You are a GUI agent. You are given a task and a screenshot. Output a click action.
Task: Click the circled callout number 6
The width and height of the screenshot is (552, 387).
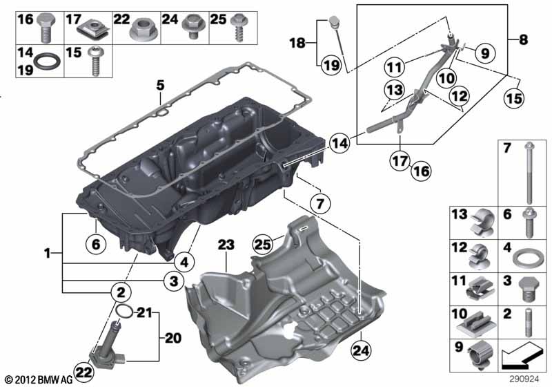pos(96,243)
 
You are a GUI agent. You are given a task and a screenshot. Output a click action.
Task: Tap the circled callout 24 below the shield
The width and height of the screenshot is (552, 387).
pos(361,350)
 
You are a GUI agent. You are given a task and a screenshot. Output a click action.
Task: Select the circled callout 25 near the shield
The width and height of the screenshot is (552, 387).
pos(264,244)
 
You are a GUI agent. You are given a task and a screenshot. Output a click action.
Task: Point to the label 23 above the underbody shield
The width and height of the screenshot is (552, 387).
pos(226,245)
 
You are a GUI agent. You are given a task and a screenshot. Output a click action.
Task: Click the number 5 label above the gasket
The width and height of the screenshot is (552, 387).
pos(160,85)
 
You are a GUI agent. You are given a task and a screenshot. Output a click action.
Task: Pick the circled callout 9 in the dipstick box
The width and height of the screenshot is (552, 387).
pos(485,53)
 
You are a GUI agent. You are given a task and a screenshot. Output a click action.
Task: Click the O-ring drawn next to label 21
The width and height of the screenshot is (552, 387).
pos(124,311)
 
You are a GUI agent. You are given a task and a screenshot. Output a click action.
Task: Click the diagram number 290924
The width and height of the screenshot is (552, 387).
pos(524,379)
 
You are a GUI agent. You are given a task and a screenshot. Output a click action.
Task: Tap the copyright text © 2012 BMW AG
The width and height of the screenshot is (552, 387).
pos(39,379)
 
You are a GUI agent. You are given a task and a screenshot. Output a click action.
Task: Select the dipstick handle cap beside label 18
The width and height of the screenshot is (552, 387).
pos(334,22)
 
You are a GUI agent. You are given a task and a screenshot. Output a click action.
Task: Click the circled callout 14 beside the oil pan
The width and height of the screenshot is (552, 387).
pos(339,143)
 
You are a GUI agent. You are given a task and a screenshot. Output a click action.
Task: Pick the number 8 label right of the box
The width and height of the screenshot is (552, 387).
pos(524,39)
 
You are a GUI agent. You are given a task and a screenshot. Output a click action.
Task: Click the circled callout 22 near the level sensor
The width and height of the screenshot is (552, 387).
pos(83,372)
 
